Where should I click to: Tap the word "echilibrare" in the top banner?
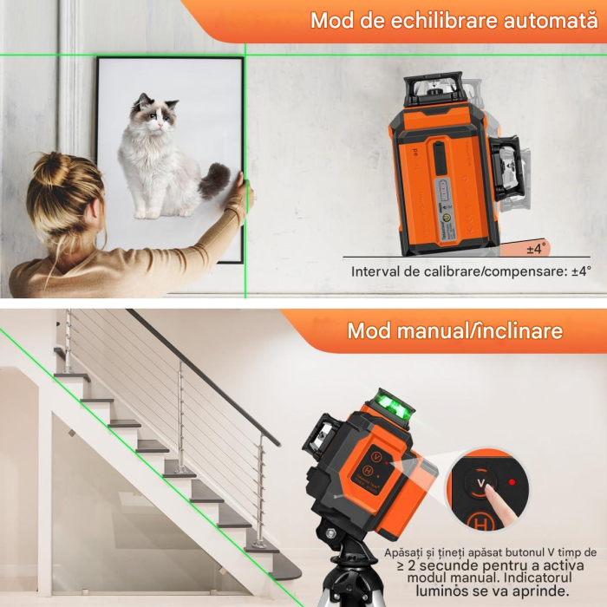pos(423,21)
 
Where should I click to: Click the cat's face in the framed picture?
pos(155,115)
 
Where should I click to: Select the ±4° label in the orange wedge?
pos(538,249)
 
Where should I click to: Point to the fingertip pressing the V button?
pos(491,494)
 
